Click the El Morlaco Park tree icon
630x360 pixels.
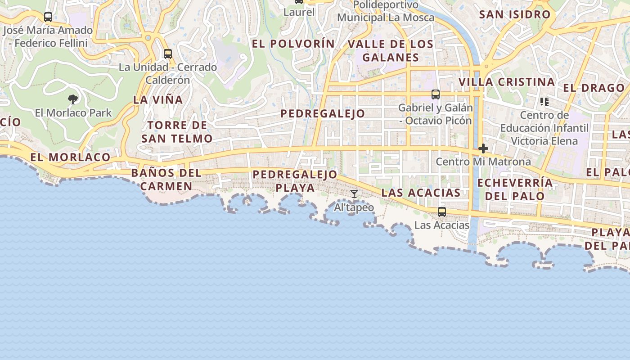tap(72, 99)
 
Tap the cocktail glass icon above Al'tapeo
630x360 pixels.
tap(354, 194)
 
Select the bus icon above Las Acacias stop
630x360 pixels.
tap(442, 212)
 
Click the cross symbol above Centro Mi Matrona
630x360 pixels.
tap(483, 148)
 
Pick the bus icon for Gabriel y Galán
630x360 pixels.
tap(435, 94)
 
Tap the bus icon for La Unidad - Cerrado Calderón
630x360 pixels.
tap(168, 54)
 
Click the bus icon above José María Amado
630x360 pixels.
tap(48, 17)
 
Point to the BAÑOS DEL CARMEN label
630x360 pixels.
tap(166, 180)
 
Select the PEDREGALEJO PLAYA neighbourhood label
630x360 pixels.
tap(295, 180)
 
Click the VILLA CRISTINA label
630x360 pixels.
tap(506, 82)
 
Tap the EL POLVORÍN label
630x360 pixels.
tap(293, 44)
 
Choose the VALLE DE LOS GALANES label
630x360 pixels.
tap(391, 51)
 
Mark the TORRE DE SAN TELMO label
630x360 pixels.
tap(177, 132)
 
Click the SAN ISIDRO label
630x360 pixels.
tap(515, 14)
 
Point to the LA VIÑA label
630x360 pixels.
tap(158, 100)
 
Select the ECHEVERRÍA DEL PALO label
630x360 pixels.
tap(515, 189)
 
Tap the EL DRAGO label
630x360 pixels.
tap(594, 88)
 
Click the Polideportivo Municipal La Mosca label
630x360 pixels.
tap(386, 11)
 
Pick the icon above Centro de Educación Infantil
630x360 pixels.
tap(544, 102)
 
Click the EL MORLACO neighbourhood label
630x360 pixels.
tap(70, 157)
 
